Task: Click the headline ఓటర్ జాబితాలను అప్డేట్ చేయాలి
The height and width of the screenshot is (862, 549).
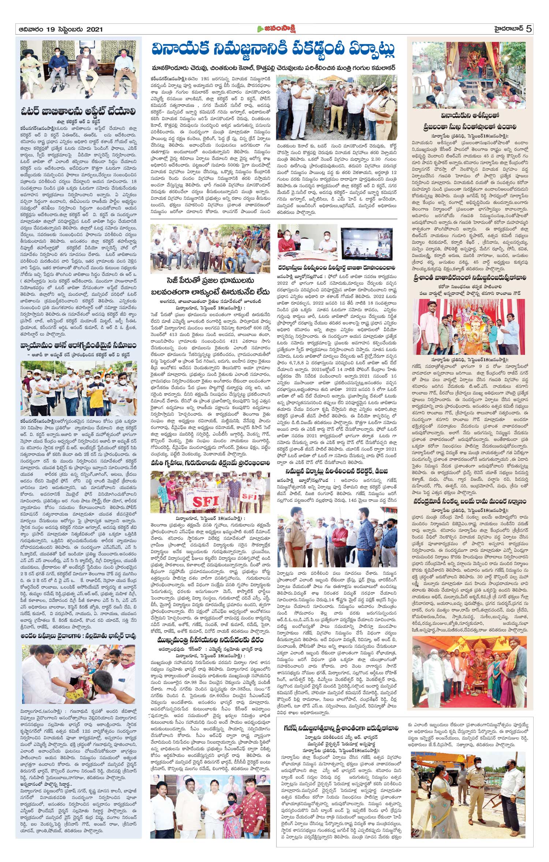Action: tap(78, 112)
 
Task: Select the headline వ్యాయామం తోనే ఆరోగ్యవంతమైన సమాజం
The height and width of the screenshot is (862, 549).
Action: tap(78, 346)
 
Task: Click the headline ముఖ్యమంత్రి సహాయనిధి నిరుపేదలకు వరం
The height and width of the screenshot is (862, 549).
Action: tap(210, 640)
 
